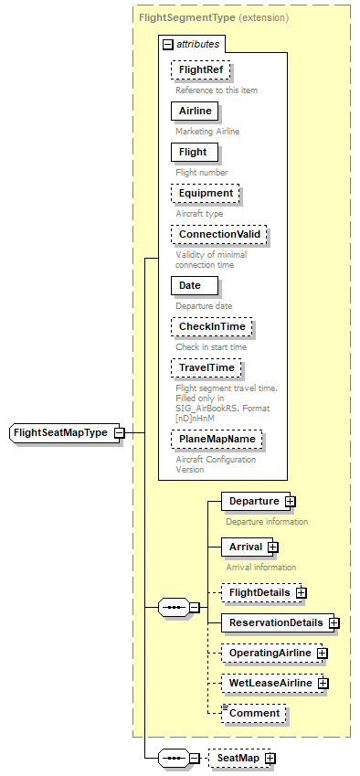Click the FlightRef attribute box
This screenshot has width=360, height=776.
coord(201,69)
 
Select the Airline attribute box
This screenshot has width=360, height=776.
coord(195,111)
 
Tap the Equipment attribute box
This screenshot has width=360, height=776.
coord(205,193)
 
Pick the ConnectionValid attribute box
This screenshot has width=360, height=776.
coord(218,235)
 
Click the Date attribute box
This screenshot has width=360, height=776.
coord(190,285)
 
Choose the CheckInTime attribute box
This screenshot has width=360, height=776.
coord(210,326)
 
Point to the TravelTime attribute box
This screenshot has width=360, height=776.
coord(206,367)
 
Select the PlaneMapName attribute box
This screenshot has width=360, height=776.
coord(217,440)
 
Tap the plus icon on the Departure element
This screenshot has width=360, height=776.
coord(290,501)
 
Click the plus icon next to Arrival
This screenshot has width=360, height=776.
coord(272,547)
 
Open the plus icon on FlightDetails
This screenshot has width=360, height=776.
coord(301,592)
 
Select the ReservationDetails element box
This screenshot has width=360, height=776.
coord(275,622)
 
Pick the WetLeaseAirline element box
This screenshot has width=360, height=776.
coord(270,683)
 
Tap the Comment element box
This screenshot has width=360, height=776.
coord(254,713)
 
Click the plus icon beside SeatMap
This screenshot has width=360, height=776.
coord(270,758)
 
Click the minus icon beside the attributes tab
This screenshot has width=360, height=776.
coord(167,43)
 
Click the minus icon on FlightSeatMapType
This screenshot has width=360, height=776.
coord(119,432)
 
